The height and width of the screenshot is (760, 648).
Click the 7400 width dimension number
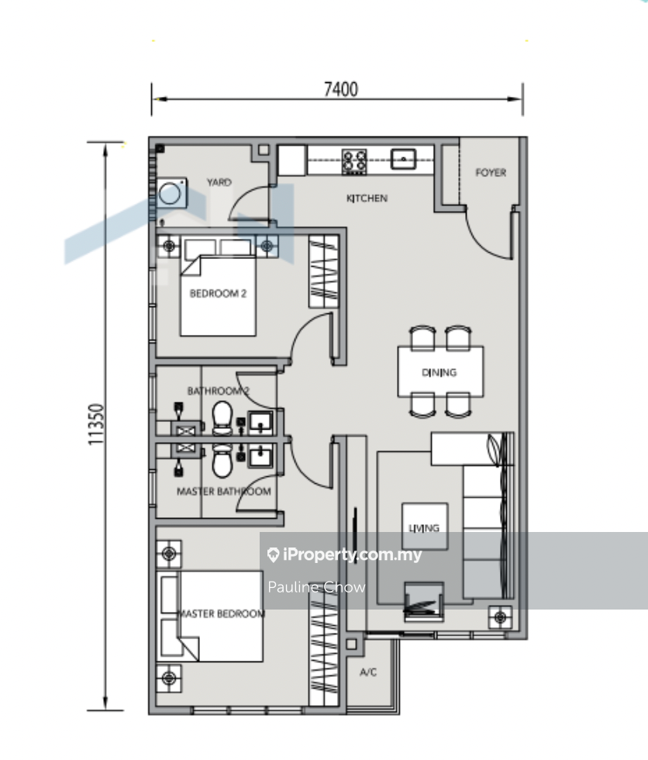341,89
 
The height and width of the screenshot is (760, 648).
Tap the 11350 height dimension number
96,424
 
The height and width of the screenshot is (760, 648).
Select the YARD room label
219,182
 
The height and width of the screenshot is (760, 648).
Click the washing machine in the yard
171,193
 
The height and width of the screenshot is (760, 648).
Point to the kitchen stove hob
354,161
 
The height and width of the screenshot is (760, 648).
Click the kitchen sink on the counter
403,159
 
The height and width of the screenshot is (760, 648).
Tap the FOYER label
491,172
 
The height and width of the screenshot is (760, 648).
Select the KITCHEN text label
367,199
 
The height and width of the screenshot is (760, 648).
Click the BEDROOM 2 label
218,293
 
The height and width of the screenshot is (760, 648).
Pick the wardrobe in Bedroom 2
323,271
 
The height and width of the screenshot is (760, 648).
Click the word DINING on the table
439,372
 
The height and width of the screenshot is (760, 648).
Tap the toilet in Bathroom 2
222,418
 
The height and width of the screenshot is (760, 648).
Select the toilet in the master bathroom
222,461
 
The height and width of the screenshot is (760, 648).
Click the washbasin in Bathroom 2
260,423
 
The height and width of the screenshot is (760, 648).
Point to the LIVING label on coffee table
424,528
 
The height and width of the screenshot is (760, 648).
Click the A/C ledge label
368,672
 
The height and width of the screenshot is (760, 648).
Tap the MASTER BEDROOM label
221,613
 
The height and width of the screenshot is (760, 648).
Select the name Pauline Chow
316,587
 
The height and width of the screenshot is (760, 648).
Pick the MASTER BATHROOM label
224,492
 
